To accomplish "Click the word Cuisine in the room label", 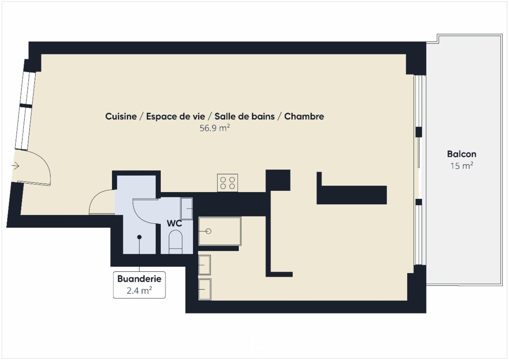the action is click(121, 116).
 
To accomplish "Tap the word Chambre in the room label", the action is click(304, 116).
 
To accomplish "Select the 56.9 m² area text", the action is click(215, 128).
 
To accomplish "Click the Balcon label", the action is click(461, 154).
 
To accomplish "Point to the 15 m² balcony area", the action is click(461, 166).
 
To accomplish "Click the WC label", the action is click(174, 223).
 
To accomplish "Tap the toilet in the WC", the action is click(176, 242).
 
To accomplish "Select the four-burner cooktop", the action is click(227, 183).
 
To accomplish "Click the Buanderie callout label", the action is click(139, 279).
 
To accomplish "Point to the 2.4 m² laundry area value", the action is click(139, 290).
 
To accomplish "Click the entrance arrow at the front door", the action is click(15, 166).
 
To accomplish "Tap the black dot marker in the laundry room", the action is click(139, 237).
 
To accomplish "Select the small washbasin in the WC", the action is click(187, 209).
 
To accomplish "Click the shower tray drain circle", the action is click(208, 231).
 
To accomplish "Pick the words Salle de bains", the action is click(244, 116).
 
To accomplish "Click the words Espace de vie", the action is click(176, 116).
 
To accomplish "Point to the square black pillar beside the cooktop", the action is click(278, 180).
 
